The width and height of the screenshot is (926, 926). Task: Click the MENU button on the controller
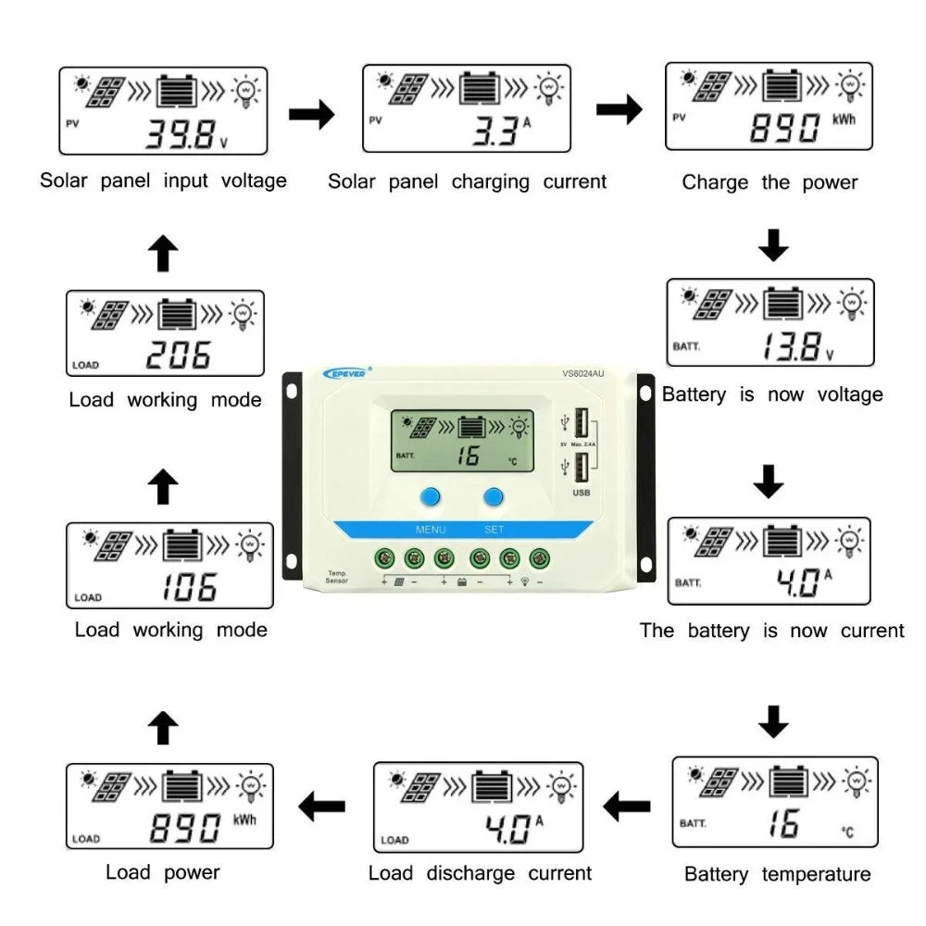click(430, 497)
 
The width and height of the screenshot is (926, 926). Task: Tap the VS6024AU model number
click(583, 374)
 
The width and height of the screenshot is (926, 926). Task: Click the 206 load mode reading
click(180, 355)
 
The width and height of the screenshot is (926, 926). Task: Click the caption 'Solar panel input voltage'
click(163, 181)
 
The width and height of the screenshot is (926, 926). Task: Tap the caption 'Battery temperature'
click(777, 874)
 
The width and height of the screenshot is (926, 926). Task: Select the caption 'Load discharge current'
click(480, 872)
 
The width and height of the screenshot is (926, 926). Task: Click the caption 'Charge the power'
click(770, 182)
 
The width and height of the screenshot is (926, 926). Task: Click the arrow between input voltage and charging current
click(311, 114)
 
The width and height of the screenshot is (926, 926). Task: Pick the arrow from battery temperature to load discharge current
click(626, 807)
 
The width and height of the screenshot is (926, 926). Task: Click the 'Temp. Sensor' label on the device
click(337, 577)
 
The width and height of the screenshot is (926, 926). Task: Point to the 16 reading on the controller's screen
click(468, 455)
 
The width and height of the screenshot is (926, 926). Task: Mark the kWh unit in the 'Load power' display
click(244, 820)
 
